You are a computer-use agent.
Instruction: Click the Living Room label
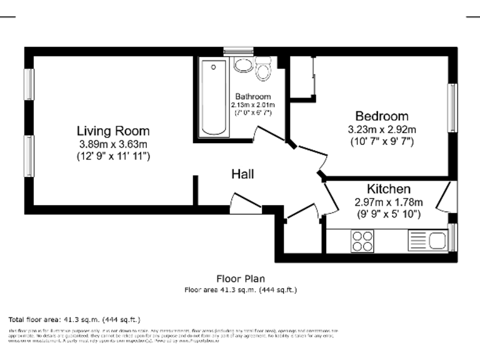[x=113, y=131]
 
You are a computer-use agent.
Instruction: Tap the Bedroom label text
[x=381, y=116]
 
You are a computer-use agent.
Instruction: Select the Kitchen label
[x=388, y=189]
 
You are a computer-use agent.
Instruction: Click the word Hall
[x=242, y=174]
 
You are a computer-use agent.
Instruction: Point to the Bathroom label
[x=252, y=97]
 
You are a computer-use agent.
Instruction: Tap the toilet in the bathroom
[x=263, y=68]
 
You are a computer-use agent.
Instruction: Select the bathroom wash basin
[x=242, y=66]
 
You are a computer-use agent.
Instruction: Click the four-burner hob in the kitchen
[x=362, y=241]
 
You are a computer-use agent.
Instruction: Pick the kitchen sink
[x=428, y=240]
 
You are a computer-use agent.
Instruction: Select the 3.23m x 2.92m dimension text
[x=381, y=129]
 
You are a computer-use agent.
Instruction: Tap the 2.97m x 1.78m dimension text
[x=388, y=202]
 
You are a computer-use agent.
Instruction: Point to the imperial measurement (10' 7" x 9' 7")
[x=381, y=141]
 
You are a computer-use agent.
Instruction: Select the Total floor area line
[x=74, y=319]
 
